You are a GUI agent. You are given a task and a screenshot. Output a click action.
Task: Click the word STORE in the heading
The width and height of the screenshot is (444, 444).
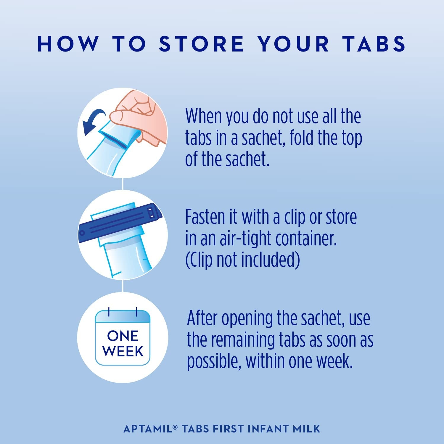(x=201, y=44)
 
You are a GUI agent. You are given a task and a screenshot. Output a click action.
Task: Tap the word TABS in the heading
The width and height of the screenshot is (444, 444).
(x=374, y=44)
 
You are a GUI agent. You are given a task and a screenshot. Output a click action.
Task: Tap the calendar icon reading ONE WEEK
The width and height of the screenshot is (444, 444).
(x=123, y=337)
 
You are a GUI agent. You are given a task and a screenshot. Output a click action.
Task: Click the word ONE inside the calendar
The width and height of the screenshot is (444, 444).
(x=123, y=336)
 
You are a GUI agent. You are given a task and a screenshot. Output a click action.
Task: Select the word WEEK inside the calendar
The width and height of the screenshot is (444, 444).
(x=123, y=351)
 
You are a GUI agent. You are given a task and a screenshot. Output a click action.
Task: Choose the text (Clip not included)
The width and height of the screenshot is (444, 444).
(x=242, y=260)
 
